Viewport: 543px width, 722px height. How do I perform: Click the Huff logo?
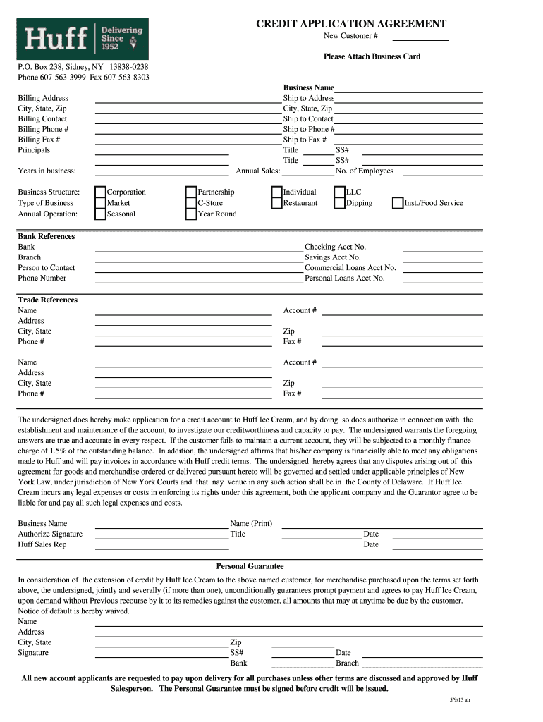click(83, 39)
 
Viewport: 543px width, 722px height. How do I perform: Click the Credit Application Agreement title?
click(350, 24)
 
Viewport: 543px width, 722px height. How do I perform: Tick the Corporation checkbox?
click(100, 192)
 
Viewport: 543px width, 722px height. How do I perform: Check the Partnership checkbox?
click(191, 192)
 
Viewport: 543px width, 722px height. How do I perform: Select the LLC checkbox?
click(339, 192)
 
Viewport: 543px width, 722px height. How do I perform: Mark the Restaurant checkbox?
click(276, 203)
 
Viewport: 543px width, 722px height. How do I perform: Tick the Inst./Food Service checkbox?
click(398, 203)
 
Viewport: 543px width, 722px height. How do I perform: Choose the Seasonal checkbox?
click(100, 214)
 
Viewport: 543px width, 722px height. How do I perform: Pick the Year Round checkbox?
click(191, 214)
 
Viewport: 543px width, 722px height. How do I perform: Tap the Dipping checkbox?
click(339, 203)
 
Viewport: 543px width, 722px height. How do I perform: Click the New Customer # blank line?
click(420, 37)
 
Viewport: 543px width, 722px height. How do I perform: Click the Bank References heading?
click(47, 236)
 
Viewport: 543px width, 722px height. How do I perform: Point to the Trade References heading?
click(48, 300)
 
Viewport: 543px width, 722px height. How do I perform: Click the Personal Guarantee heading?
click(250, 566)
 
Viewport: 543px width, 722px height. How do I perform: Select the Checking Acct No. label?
click(335, 247)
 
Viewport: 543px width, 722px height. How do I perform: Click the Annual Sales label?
click(257, 171)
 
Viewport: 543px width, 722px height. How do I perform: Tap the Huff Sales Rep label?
click(42, 544)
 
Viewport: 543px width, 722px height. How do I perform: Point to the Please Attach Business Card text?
click(372, 56)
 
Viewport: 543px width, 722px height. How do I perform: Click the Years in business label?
click(47, 171)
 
